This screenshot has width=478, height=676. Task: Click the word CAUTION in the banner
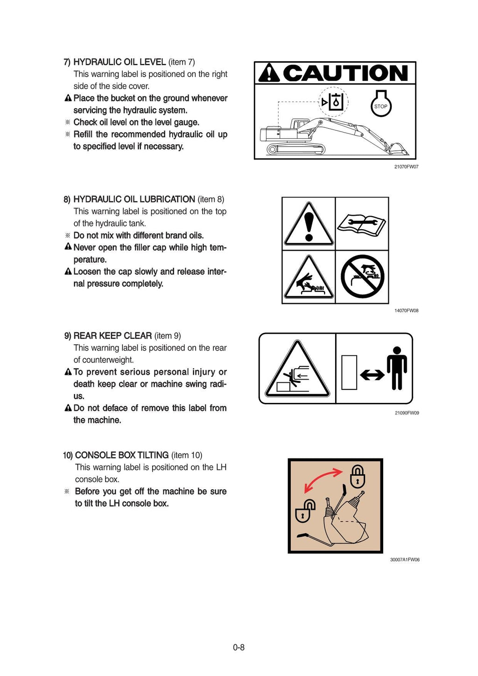pyautogui.click(x=345, y=73)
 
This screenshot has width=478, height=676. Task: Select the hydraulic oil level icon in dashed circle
pyautogui.click(x=333, y=102)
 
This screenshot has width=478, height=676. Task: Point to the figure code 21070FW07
pyautogui.click(x=406, y=167)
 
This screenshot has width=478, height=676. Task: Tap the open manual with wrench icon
pyautogui.click(x=362, y=225)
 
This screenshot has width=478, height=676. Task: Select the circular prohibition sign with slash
pyautogui.click(x=362, y=276)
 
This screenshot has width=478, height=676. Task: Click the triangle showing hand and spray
pyautogui.click(x=309, y=278)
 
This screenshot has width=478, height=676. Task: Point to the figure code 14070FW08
pyautogui.click(x=406, y=310)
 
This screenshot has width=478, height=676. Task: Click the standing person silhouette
pyautogui.click(x=397, y=368)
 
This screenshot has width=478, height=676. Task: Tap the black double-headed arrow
pyautogui.click(x=372, y=374)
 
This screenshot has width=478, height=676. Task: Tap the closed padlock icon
pyautogui.click(x=358, y=477)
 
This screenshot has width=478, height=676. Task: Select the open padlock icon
pyautogui.click(x=305, y=511)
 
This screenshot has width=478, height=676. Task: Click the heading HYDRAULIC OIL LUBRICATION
pyautogui.click(x=134, y=199)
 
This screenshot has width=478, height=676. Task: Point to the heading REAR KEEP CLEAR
pyautogui.click(x=112, y=336)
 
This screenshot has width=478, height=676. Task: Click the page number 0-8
pyautogui.click(x=239, y=647)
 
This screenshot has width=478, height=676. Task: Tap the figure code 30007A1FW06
pyautogui.click(x=405, y=560)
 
